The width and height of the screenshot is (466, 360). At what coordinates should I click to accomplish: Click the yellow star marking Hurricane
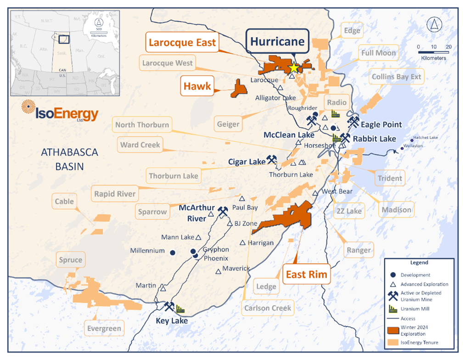point(293,68)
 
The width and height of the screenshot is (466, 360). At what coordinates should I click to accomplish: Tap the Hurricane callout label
point(277,42)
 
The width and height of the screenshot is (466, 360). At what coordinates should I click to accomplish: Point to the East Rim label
point(307,275)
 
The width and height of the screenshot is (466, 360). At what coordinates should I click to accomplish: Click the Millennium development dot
point(173,253)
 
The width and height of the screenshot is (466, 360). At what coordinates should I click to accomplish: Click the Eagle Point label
point(381,124)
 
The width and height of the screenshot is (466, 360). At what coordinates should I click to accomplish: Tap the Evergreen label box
point(104,328)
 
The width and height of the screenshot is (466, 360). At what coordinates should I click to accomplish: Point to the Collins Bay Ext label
point(396,77)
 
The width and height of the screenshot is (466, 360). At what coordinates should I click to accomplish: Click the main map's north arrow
point(432,25)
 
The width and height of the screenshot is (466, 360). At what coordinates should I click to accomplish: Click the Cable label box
point(64,202)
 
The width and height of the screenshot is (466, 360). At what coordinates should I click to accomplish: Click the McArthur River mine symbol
point(223,211)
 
